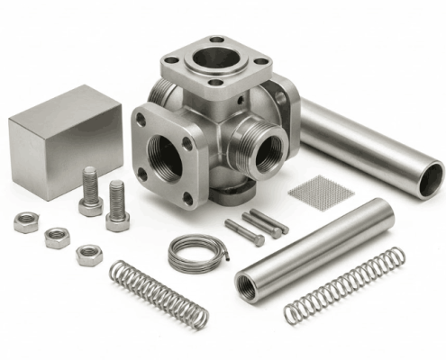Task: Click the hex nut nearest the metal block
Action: pyautogui.click(x=26, y=221)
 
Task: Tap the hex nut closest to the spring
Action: pyautogui.click(x=89, y=254)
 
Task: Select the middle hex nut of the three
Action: pyautogui.click(x=57, y=237)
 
